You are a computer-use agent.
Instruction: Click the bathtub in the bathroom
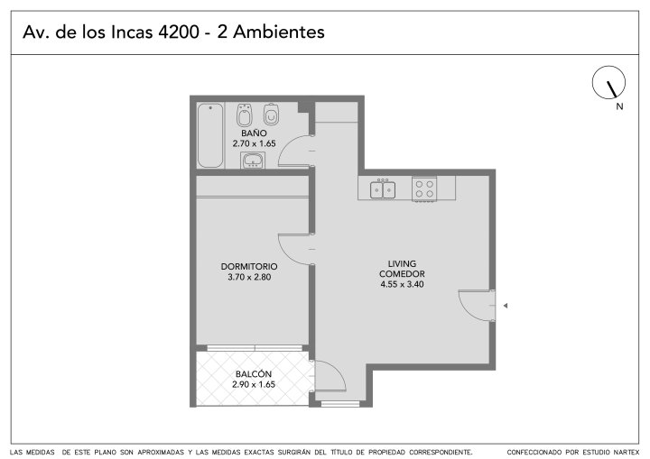point(210,135)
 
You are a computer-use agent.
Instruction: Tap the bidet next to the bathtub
point(244,115)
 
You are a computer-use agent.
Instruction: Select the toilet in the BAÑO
point(271,115)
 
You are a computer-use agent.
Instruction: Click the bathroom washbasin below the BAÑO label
point(253,161)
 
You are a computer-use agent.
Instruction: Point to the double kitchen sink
point(383,189)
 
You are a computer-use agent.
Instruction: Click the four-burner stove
point(424,188)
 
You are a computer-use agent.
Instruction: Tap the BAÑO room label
point(254,133)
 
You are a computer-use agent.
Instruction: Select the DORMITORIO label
point(249,266)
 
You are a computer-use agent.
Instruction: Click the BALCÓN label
point(254,373)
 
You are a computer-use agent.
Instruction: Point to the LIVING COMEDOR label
point(402,269)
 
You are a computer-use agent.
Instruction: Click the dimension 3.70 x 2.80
point(249,277)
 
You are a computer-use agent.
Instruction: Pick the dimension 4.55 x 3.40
point(402,284)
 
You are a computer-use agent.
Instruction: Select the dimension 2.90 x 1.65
point(254,384)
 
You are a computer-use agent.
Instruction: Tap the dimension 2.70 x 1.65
point(254,143)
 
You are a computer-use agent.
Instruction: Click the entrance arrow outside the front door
point(506,306)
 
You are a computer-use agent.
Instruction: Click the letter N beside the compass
point(619,106)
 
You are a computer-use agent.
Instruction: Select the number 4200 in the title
point(179,32)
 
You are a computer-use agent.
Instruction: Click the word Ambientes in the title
point(279,32)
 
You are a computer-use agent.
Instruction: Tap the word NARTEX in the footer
point(625,452)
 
